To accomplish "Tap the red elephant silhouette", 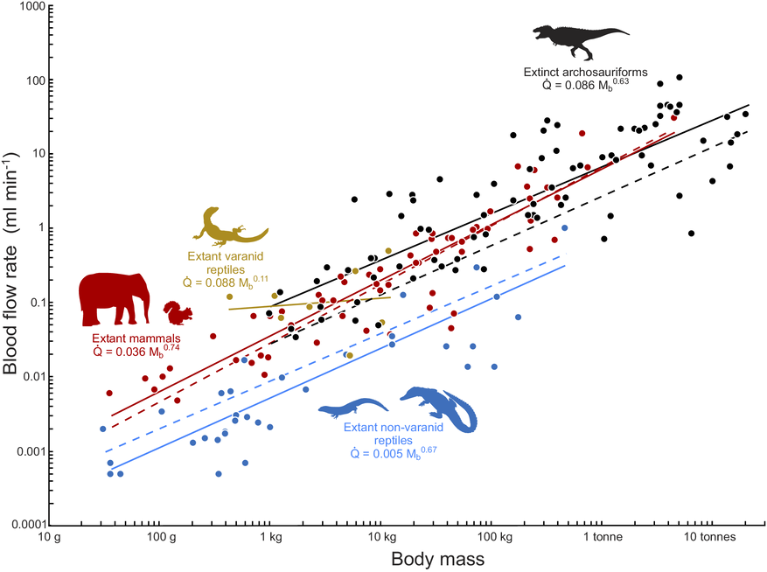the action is tap(114, 299).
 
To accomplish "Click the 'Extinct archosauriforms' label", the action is tap(585, 72).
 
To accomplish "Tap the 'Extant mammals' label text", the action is tap(136, 338).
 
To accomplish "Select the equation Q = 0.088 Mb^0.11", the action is tap(225, 283).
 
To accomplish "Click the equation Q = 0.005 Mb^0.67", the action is tap(394, 453).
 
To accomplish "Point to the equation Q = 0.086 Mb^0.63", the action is tap(585, 85).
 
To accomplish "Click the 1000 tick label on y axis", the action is tap(32, 7).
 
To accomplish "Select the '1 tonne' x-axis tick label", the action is tap(603, 537).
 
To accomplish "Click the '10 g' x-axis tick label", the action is tap(51, 537).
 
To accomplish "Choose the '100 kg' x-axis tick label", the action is tap(494, 537).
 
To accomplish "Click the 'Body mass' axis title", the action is tap(438, 559).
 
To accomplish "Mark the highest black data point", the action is tap(679, 77).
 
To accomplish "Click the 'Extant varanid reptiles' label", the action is tap(225, 262).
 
